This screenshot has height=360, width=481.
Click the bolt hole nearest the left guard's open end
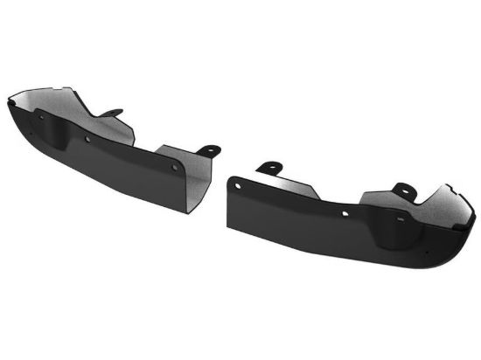(176, 166)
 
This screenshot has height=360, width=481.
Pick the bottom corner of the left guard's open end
(189, 212)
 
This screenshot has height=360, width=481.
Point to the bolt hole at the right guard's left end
(235, 183)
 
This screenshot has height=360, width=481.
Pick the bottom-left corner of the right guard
(229, 228)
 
